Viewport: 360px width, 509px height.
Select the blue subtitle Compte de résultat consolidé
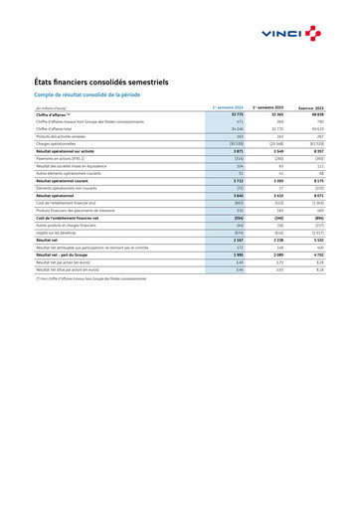[x=88, y=94]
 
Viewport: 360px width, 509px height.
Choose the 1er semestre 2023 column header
[x=268, y=106]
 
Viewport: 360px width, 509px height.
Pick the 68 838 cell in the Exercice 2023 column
[x=316, y=114]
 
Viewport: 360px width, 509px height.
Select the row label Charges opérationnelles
[x=59, y=143]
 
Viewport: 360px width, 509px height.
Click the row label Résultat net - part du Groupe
[x=68, y=254]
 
